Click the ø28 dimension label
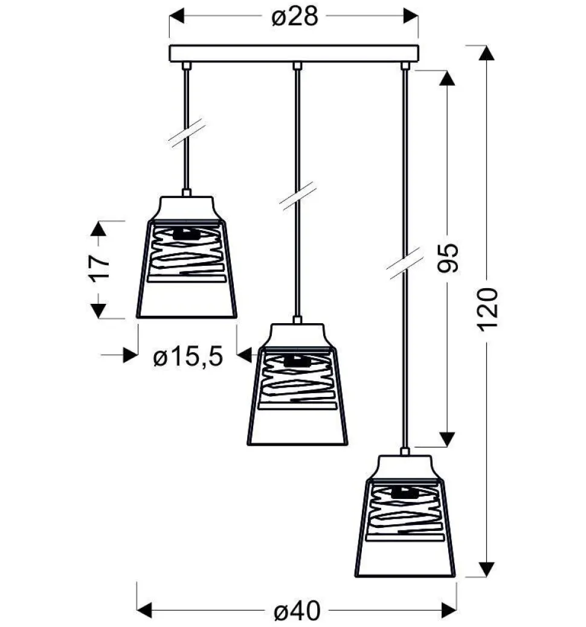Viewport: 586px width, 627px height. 295,17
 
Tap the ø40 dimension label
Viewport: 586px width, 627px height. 297,611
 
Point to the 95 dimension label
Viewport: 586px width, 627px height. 448,258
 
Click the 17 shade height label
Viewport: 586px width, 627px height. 98,268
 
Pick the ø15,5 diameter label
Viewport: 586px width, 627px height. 188,356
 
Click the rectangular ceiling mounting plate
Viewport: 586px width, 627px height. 294,54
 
